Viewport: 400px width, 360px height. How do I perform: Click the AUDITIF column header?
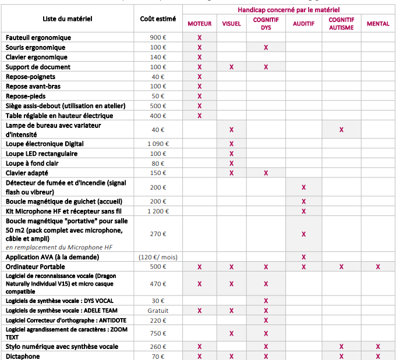(x=303, y=24)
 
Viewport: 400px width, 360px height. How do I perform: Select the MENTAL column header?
(x=378, y=24)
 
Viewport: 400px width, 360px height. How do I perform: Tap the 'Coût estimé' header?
(x=158, y=19)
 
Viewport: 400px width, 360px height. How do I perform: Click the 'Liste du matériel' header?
(x=68, y=19)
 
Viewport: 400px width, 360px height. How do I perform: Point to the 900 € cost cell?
(x=158, y=37)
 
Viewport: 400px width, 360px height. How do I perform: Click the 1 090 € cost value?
(x=158, y=144)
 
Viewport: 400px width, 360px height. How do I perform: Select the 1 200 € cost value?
(x=158, y=211)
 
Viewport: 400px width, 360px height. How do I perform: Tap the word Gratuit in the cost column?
(x=158, y=311)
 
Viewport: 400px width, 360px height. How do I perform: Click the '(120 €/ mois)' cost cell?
(x=158, y=257)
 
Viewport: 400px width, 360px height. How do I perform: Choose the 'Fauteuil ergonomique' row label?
(x=38, y=38)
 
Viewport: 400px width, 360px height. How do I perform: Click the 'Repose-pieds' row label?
(x=26, y=97)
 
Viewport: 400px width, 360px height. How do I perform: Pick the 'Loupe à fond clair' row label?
(x=32, y=163)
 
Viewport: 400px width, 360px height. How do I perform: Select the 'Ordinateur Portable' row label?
(x=35, y=267)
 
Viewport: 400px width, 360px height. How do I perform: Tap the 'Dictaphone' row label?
(x=23, y=357)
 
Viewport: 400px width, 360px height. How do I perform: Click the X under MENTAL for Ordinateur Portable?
(x=378, y=267)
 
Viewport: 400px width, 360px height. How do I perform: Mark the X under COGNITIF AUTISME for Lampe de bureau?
(x=341, y=130)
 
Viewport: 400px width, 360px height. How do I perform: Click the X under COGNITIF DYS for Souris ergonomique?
(x=266, y=47)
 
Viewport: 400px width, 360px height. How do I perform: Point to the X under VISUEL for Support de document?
(x=231, y=67)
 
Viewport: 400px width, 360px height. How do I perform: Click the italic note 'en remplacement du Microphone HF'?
(x=59, y=247)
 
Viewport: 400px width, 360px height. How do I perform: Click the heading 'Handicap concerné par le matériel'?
(x=289, y=10)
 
